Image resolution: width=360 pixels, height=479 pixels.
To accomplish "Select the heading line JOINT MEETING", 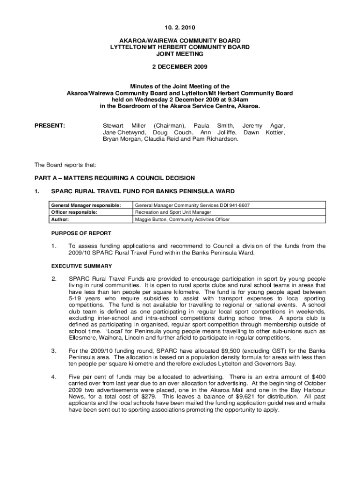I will pos(180,54).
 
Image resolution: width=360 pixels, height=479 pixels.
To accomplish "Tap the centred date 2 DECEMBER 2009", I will pos(180,67).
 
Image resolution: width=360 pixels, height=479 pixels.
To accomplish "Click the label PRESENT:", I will pos(50,126).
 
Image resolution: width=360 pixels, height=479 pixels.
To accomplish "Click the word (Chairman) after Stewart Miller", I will pos(169,126).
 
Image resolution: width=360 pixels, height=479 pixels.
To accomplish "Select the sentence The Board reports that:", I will pos(65,165).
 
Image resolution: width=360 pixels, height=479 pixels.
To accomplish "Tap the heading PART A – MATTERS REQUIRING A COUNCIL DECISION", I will pos(115,178).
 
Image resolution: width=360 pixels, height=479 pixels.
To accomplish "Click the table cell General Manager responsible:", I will pos(86,205).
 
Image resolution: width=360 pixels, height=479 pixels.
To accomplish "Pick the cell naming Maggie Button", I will pos(182,219).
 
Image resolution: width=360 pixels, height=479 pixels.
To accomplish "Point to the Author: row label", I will pos(60,219).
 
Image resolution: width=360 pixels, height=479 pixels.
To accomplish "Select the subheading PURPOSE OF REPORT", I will pos(81,233).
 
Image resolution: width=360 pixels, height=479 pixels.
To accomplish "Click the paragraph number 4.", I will pos(54,377).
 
